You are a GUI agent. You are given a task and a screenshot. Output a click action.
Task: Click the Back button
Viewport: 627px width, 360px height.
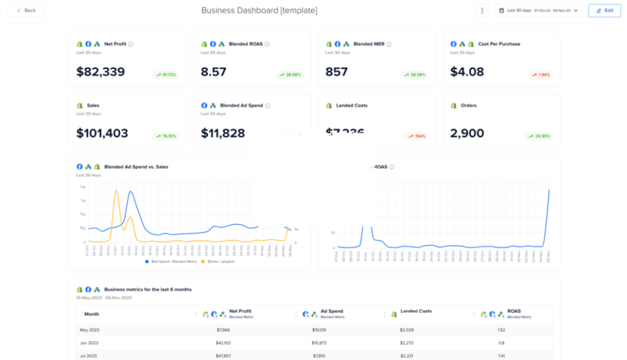(26, 10)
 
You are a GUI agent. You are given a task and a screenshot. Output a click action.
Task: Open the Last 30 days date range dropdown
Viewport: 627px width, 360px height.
(538, 10)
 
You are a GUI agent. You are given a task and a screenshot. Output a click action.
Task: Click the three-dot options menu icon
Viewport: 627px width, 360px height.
(482, 10)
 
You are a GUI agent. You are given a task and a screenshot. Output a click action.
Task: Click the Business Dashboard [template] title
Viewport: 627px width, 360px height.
(259, 10)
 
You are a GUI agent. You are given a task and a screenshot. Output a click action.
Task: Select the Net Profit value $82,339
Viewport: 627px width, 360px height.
(100, 72)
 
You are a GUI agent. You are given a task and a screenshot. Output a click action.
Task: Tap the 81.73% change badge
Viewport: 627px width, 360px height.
(166, 75)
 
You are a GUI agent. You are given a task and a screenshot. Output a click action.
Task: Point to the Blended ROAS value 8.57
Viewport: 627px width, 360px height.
(214, 72)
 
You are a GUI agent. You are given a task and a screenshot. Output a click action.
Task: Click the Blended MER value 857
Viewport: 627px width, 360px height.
(337, 72)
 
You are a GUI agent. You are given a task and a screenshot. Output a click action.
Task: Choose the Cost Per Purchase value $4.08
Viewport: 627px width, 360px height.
(467, 72)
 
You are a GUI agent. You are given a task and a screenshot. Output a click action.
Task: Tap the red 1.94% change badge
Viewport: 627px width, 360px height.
(540, 75)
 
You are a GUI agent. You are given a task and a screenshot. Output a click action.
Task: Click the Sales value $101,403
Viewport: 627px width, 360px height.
(102, 134)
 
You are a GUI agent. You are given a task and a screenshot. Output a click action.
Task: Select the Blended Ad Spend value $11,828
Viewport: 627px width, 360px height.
(223, 134)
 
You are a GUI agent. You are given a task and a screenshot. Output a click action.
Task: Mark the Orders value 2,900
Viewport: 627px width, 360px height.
(467, 134)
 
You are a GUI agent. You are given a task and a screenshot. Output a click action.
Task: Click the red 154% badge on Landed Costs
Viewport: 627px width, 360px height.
(416, 136)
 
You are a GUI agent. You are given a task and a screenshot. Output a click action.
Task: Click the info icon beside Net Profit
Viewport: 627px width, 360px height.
(131, 44)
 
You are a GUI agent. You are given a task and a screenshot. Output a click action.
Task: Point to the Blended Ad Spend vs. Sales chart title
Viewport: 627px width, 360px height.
(136, 167)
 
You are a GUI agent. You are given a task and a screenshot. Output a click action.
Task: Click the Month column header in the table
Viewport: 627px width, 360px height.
(92, 314)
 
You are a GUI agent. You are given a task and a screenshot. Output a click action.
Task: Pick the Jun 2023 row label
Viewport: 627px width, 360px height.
(89, 343)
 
